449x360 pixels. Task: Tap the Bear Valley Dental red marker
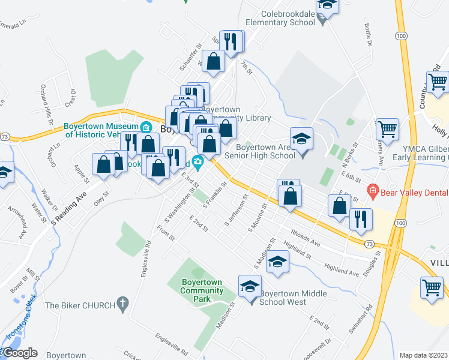[373, 193]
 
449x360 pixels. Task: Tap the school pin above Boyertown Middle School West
[250, 286]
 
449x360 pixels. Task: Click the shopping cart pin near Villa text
[432, 287]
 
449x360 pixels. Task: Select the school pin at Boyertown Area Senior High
[302, 138]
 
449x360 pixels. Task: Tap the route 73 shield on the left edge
[5, 137]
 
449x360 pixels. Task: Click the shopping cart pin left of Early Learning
[387, 128]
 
